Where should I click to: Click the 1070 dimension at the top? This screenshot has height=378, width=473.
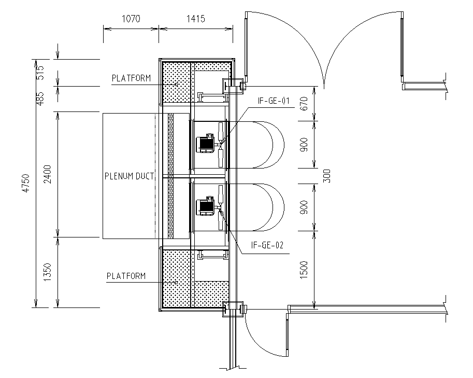click(131, 19)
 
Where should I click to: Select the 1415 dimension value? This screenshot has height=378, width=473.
click(195, 19)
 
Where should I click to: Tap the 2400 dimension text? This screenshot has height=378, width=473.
click(47, 174)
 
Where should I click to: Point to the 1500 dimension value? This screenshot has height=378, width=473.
click(305, 269)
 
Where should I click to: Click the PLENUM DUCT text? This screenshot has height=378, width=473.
click(129, 176)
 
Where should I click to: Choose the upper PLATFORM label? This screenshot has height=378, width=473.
click(131, 78)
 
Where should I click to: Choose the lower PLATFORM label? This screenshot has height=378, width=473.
click(126, 276)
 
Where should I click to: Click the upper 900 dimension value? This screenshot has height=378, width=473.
click(305, 145)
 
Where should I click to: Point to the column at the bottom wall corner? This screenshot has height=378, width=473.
click(233, 309)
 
